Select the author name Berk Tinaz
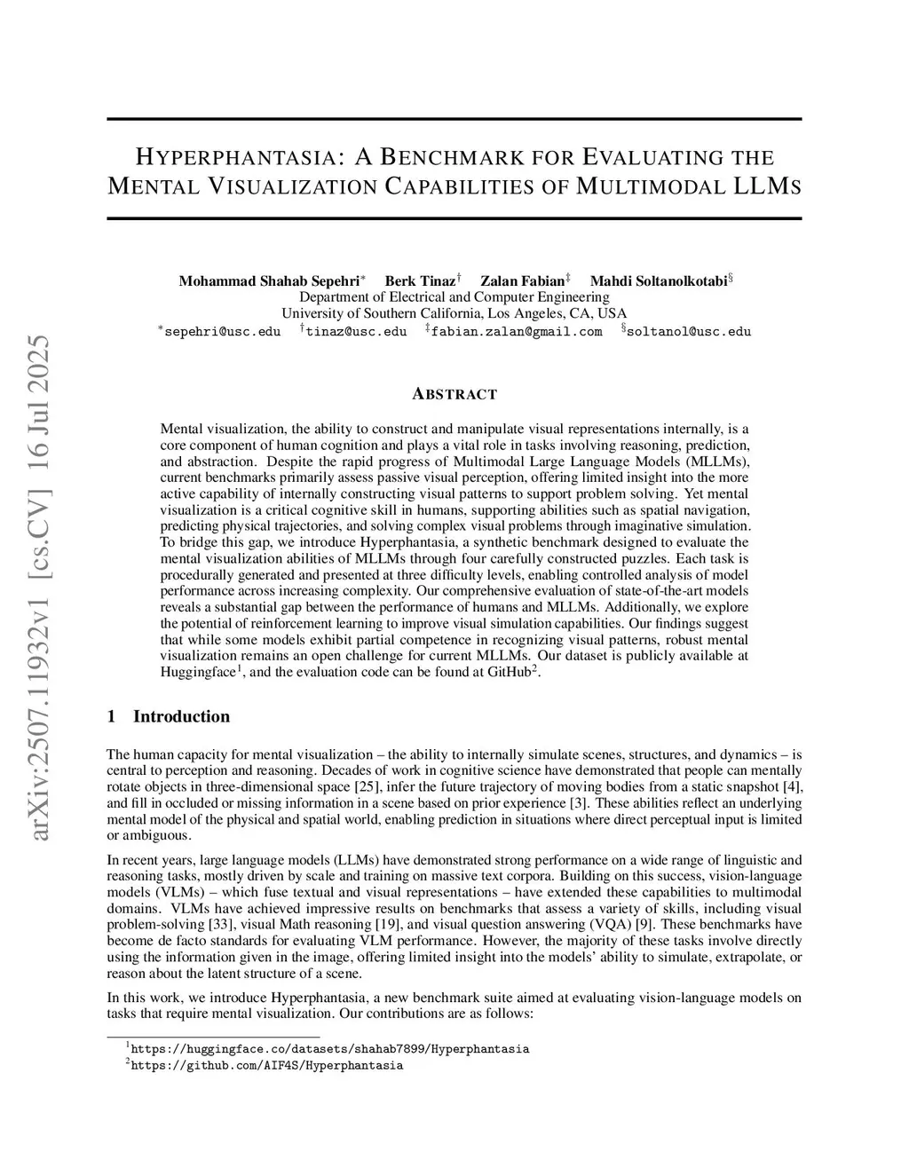pos(420,281)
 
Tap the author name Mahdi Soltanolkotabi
pos(658,281)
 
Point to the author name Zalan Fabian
pos(523,281)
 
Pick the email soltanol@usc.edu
pos(689,332)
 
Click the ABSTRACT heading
pos(454,394)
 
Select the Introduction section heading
pos(181,716)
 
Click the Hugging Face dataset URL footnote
pos(329,1048)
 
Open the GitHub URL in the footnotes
pos(266,1065)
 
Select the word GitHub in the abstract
pos(509,672)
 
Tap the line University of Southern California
pos(454,313)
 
